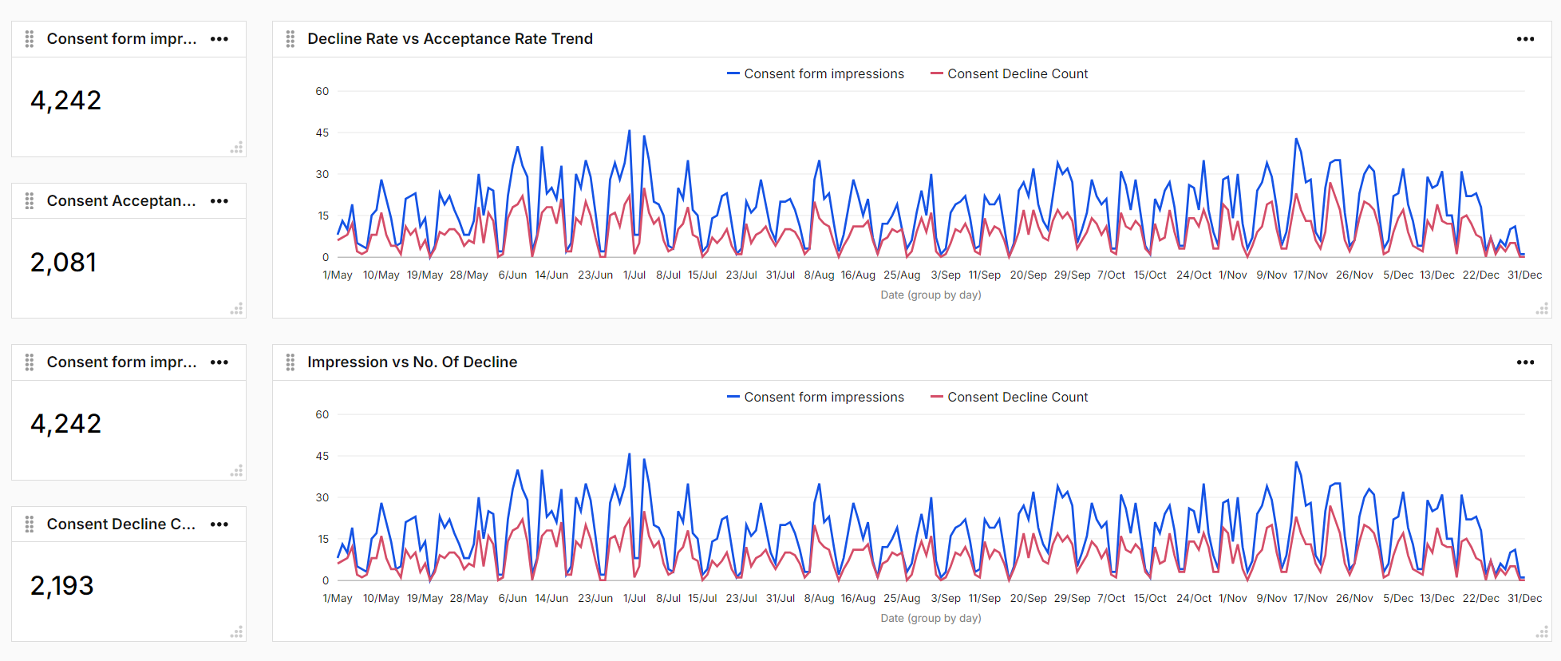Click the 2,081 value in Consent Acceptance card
coord(64,263)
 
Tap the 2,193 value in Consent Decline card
coord(62,586)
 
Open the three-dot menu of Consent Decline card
coord(219,524)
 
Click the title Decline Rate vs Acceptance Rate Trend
coord(449,39)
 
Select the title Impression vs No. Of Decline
coord(412,362)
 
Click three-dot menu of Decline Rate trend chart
coord(1525,39)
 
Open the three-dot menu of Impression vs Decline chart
coord(1525,362)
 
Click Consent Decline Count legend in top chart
coord(1017,74)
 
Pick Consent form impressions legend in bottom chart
coord(824,398)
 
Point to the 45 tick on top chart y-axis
coord(322,133)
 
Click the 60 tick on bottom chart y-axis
coord(322,414)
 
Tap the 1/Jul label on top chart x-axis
coord(634,275)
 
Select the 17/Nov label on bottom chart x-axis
coord(1310,598)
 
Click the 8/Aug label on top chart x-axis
coord(819,275)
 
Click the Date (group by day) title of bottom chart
coord(931,618)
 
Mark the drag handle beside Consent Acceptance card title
coord(30,201)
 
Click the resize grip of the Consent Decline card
coord(236,632)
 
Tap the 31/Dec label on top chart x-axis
coord(1524,275)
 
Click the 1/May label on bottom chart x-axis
coord(337,598)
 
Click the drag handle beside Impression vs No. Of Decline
coord(290,362)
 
